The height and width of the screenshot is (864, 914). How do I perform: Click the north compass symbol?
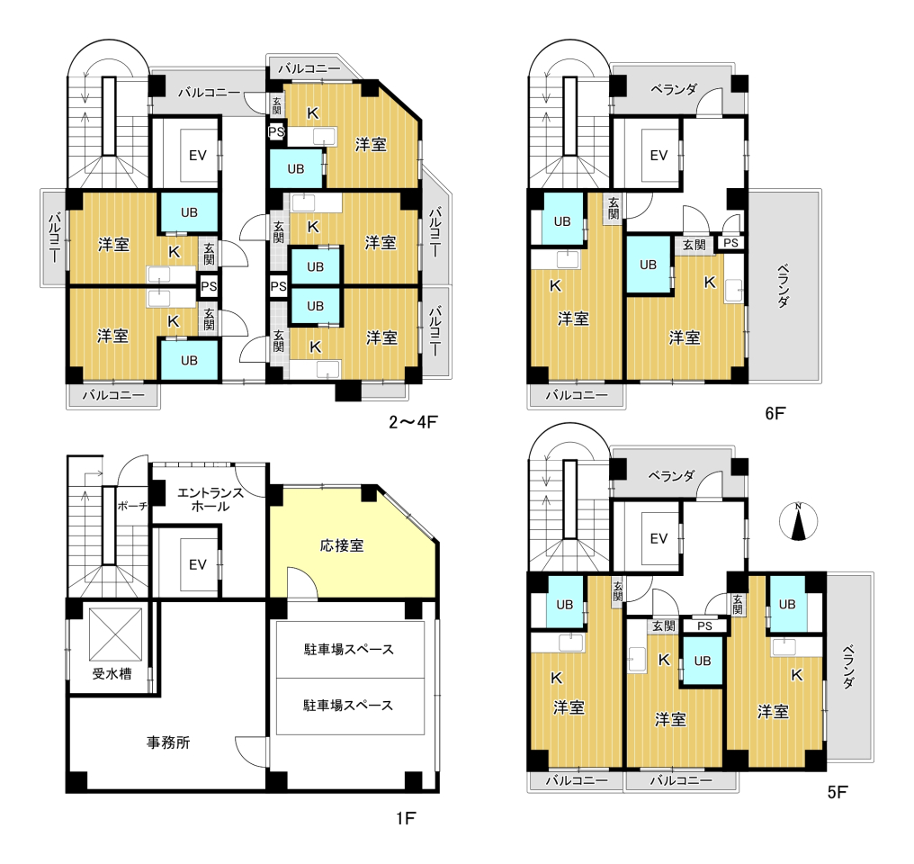coord(799,520)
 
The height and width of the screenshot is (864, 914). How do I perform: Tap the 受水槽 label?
coord(112,674)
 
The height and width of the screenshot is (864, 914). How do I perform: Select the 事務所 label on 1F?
coord(168,742)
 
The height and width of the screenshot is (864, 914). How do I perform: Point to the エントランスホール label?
coord(211,499)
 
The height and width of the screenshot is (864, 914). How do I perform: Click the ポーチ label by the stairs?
coord(132,506)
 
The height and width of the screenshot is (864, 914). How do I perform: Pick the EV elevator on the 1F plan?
coord(198,564)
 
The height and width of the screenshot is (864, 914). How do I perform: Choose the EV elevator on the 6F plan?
coord(659,155)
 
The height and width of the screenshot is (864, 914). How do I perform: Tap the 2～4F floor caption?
coord(413,421)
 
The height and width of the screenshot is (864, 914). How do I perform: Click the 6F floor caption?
coord(775,413)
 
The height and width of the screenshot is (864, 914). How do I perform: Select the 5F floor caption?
coord(838,792)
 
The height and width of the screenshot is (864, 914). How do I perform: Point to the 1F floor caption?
coord(406,818)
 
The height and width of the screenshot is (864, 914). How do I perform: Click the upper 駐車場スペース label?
coord(349,650)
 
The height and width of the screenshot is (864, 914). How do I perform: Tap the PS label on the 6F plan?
coord(731,242)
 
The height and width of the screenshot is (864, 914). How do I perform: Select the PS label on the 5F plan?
coord(704,626)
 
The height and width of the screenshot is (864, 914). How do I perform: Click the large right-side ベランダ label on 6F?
coord(784,285)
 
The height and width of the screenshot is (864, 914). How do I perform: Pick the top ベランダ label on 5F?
coord(671,476)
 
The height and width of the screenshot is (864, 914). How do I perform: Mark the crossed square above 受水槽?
coord(115,634)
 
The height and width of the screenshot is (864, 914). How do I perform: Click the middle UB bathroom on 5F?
coord(703,661)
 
